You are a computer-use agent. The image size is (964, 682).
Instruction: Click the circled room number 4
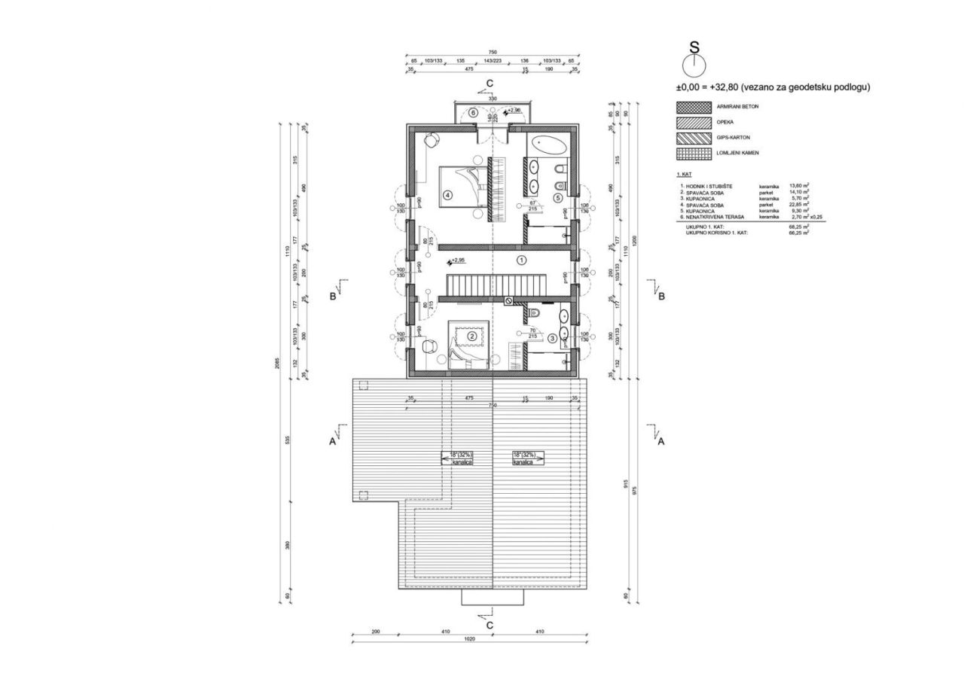pos(447,195)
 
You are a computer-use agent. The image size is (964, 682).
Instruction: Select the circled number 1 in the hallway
pos(520,259)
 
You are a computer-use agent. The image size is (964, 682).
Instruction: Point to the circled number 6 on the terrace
pos(473,113)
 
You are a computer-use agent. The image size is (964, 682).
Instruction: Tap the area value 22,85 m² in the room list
pos(798,203)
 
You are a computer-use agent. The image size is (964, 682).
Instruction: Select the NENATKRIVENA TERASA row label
pos(712,217)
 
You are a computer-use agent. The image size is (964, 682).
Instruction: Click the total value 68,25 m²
pos(798,227)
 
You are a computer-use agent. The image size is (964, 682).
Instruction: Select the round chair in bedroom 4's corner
pos(431,139)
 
